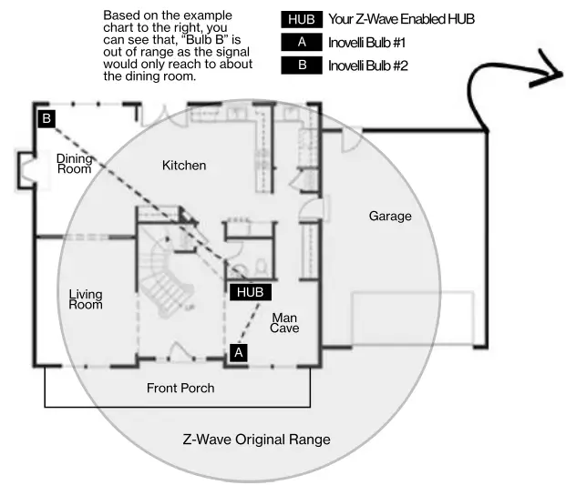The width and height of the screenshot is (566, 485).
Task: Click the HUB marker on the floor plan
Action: point(251,292)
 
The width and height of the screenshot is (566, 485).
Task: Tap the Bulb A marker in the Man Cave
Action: point(239,352)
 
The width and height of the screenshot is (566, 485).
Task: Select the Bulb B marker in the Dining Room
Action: point(46,118)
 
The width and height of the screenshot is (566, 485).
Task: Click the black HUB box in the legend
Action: point(302,19)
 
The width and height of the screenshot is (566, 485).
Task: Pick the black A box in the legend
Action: point(302,42)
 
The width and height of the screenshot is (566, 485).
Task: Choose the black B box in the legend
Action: point(302,66)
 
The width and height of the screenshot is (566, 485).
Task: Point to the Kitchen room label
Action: point(184,166)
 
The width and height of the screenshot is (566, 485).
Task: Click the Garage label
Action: point(390,216)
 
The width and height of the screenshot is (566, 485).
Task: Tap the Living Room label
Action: point(86,299)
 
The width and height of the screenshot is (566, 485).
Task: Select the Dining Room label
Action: point(75,164)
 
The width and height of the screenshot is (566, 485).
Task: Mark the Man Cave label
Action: point(284,323)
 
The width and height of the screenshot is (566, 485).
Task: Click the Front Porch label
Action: point(180,388)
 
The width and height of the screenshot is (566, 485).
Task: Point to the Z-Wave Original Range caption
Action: point(257,440)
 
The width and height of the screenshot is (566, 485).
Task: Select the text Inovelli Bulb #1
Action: point(366,43)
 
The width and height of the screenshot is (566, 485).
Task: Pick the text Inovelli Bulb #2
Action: point(368,66)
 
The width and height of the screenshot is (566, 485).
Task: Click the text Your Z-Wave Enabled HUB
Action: point(401,19)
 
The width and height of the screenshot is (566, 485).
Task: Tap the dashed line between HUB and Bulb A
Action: point(249,322)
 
